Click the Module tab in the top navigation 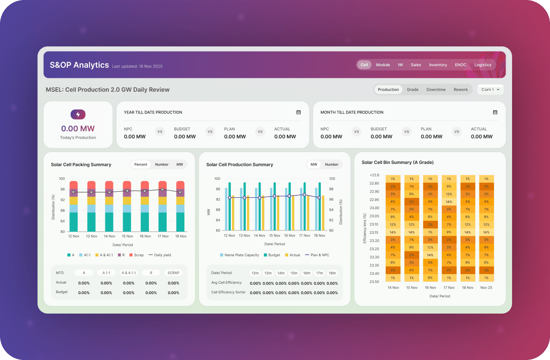pos(383,65)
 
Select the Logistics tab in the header pos(483,65)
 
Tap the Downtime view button pos(436,90)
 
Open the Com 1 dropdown pos(490,90)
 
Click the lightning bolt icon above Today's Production pos(78,115)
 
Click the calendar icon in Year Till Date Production pos(298,112)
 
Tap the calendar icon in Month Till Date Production pos(495,112)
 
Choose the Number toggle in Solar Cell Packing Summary pos(162,165)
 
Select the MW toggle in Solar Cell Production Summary pos(314,165)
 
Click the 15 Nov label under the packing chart pos(128,236)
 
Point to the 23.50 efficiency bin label pos(374,282)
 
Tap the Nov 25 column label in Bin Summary pos(486,288)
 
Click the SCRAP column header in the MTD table pos(174,273)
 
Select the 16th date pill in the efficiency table pos(307,273)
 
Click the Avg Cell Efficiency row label pos(226,283)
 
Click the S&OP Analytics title pos(79,65)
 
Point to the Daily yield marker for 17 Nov pos(162,189)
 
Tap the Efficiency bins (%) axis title pos(365,228)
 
